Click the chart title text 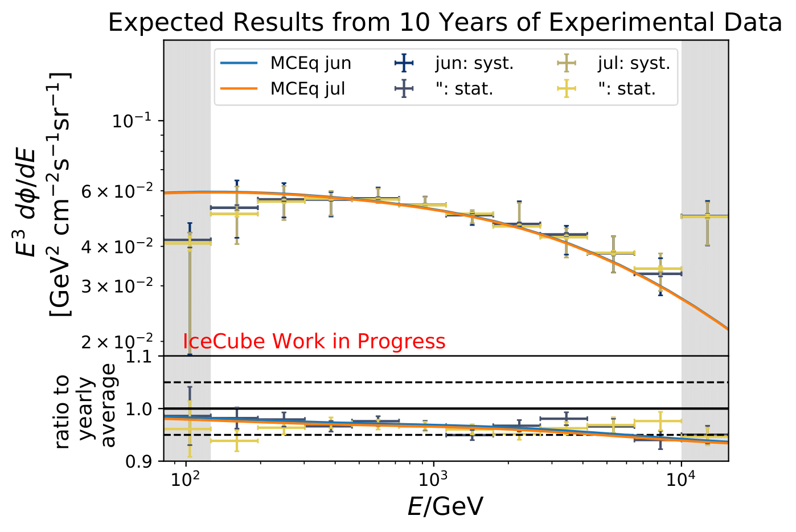click(445, 23)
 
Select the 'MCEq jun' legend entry click(310, 63)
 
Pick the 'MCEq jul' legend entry click(307, 89)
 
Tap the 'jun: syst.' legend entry click(474, 63)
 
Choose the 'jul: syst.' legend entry click(633, 63)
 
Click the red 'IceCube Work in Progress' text click(314, 341)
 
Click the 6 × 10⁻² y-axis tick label click(117, 191)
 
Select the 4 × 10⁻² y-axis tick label click(117, 247)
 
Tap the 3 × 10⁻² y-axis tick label click(117, 286)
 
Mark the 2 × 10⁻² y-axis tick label click(117, 342)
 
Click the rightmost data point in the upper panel click(707, 216)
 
